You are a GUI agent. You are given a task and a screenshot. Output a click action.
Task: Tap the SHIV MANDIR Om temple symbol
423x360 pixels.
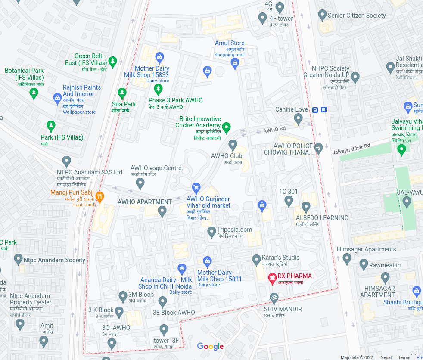(x=273, y=298)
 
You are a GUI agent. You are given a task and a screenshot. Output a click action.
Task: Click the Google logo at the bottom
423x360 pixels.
(x=210, y=346)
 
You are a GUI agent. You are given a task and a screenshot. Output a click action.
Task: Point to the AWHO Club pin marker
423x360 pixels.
(x=233, y=145)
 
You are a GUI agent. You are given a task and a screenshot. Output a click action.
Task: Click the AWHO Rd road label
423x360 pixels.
(x=274, y=129)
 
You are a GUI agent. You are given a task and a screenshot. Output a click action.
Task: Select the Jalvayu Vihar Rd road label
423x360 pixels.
(x=351, y=149)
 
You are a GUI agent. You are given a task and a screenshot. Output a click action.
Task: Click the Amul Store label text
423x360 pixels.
(x=230, y=43)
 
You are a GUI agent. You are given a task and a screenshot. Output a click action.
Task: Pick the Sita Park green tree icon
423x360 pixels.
(x=122, y=93)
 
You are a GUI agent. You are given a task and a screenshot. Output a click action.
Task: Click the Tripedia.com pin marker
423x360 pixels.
(x=211, y=232)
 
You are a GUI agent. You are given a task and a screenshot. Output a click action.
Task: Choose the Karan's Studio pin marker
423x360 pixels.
(x=256, y=260)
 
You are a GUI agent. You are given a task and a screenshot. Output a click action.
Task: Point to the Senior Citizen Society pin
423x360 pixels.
(x=322, y=16)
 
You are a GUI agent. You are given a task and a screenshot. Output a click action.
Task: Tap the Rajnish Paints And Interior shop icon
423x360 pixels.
(x=57, y=99)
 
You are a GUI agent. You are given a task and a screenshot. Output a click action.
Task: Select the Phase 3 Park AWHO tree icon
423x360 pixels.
(x=158, y=90)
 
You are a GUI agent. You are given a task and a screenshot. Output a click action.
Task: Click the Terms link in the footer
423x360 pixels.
(x=404, y=357)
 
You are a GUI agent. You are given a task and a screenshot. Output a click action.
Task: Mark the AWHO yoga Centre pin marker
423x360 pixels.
(x=140, y=183)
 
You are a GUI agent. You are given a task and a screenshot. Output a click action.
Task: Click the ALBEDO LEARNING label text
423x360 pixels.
(x=322, y=217)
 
